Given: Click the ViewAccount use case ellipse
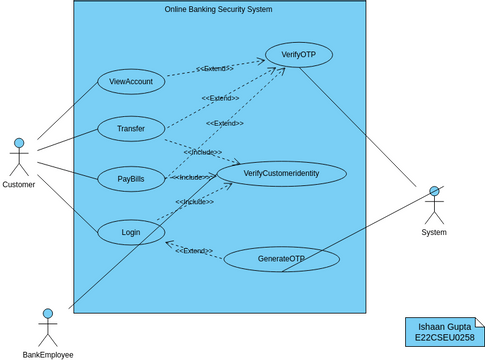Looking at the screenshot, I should [131, 82].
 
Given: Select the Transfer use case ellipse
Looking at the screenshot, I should [131, 129].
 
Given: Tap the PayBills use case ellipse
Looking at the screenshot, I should [131, 179].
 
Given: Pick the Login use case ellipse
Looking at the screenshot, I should [131, 233].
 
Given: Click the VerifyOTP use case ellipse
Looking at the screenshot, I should [298, 55].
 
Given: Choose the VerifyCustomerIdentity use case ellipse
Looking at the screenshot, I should [282, 174].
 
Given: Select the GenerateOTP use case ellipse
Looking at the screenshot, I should [281, 260].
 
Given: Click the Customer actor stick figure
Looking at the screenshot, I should [18, 157].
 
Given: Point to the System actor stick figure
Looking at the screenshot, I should [434, 205].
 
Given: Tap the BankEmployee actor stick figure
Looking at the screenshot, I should [47, 328].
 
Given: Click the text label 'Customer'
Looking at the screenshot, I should [18, 185].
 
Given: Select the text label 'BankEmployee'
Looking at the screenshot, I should [48, 354].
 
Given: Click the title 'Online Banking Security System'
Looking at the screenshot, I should [218, 9].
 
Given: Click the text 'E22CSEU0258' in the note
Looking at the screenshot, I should [444, 339].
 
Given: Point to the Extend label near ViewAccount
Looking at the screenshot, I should [214, 69].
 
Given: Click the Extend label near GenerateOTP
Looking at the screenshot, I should [194, 251].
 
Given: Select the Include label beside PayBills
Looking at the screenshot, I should [190, 177].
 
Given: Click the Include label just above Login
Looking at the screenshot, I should [195, 202].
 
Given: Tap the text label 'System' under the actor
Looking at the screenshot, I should [434, 232].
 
